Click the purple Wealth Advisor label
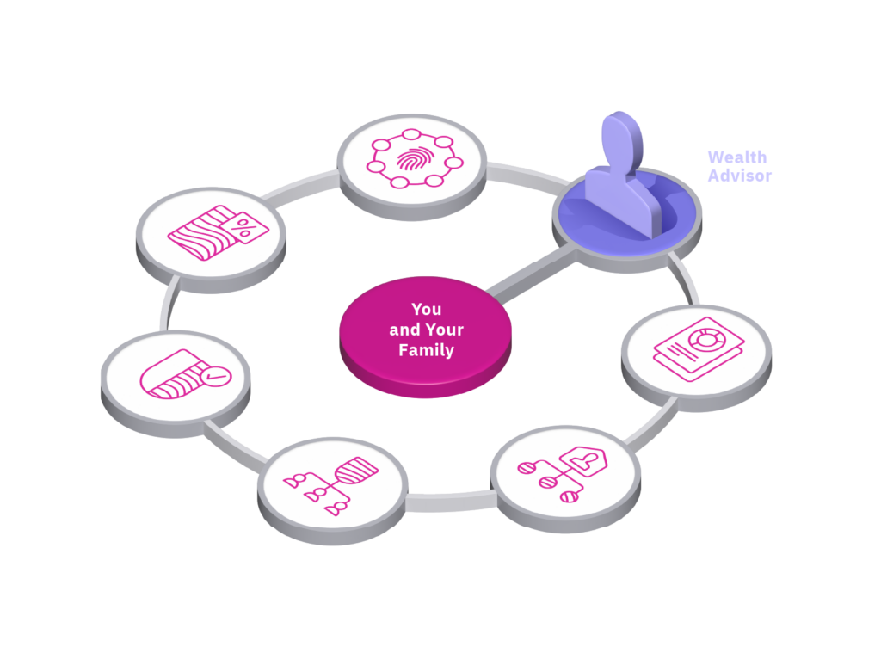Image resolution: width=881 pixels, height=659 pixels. click(x=738, y=166)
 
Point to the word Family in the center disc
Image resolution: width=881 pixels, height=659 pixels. click(x=426, y=350)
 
